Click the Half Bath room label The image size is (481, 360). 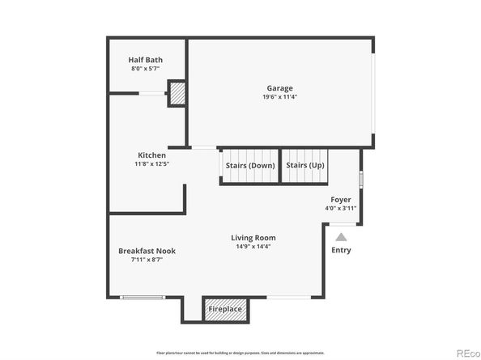(x=146, y=59)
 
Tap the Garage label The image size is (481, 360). (x=280, y=88)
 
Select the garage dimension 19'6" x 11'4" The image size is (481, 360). (x=280, y=98)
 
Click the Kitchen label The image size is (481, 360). (x=151, y=155)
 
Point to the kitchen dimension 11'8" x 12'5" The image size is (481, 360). (x=151, y=164)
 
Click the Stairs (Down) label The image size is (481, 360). (x=250, y=165)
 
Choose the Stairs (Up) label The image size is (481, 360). (x=305, y=165)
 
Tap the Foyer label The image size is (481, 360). (x=341, y=199)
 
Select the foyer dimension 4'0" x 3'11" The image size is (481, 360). (x=341, y=209)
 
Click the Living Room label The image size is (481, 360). (x=253, y=238)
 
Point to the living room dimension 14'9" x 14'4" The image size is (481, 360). (x=253, y=247)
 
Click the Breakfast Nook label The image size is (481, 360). (x=147, y=251)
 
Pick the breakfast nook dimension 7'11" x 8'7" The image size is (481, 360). (x=147, y=260)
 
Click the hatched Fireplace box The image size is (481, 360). (x=224, y=309)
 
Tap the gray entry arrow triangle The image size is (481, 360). (x=341, y=237)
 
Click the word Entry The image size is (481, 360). (x=342, y=250)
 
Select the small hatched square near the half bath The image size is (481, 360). (x=177, y=94)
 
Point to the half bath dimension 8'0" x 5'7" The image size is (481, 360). (x=146, y=69)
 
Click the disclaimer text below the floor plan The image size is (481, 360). (x=240, y=353)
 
